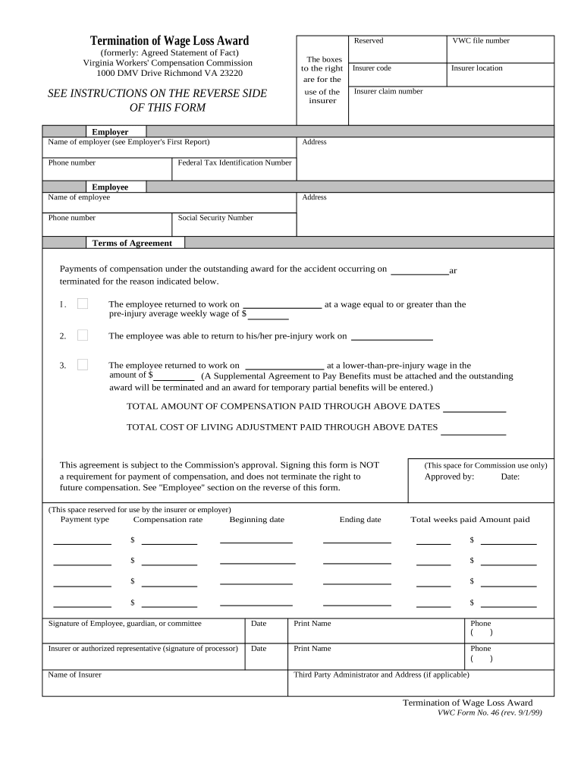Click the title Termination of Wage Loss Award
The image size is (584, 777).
click(169, 41)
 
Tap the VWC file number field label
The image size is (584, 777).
click(481, 41)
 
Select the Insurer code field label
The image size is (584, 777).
click(372, 68)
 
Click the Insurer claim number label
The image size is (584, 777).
click(388, 92)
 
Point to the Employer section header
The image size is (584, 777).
click(110, 132)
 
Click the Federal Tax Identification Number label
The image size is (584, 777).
click(234, 162)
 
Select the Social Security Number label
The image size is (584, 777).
click(215, 218)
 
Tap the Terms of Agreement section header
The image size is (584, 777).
click(132, 243)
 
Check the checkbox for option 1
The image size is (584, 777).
click(83, 304)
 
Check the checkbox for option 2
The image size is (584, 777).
click(83, 335)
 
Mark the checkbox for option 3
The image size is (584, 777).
click(83, 364)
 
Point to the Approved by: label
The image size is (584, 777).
click(449, 477)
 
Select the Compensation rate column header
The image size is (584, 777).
click(168, 520)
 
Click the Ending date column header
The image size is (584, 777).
click(360, 520)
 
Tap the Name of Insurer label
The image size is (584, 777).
click(74, 675)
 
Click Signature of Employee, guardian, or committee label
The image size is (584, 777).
click(125, 624)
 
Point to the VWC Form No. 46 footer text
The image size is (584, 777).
click(489, 713)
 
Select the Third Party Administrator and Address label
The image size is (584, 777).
click(381, 675)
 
